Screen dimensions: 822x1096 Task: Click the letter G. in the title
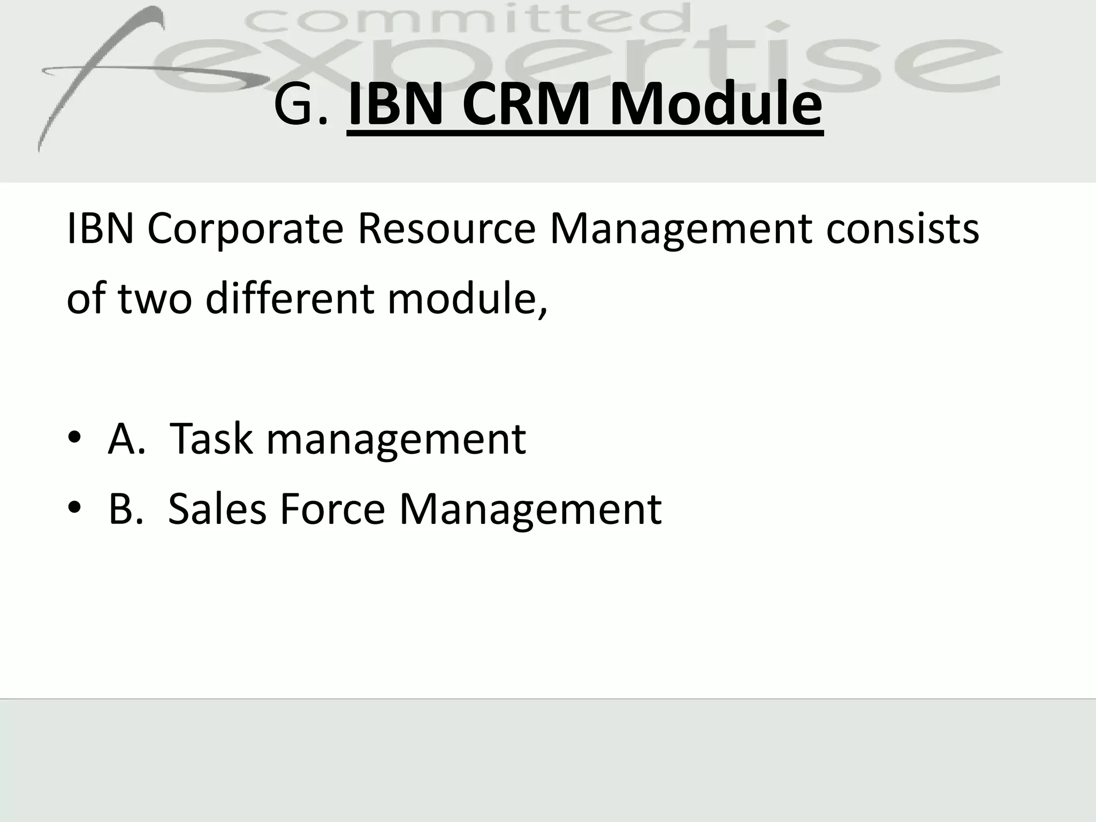pyautogui.click(x=300, y=105)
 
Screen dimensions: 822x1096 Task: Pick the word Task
pyautogui.click(x=210, y=439)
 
